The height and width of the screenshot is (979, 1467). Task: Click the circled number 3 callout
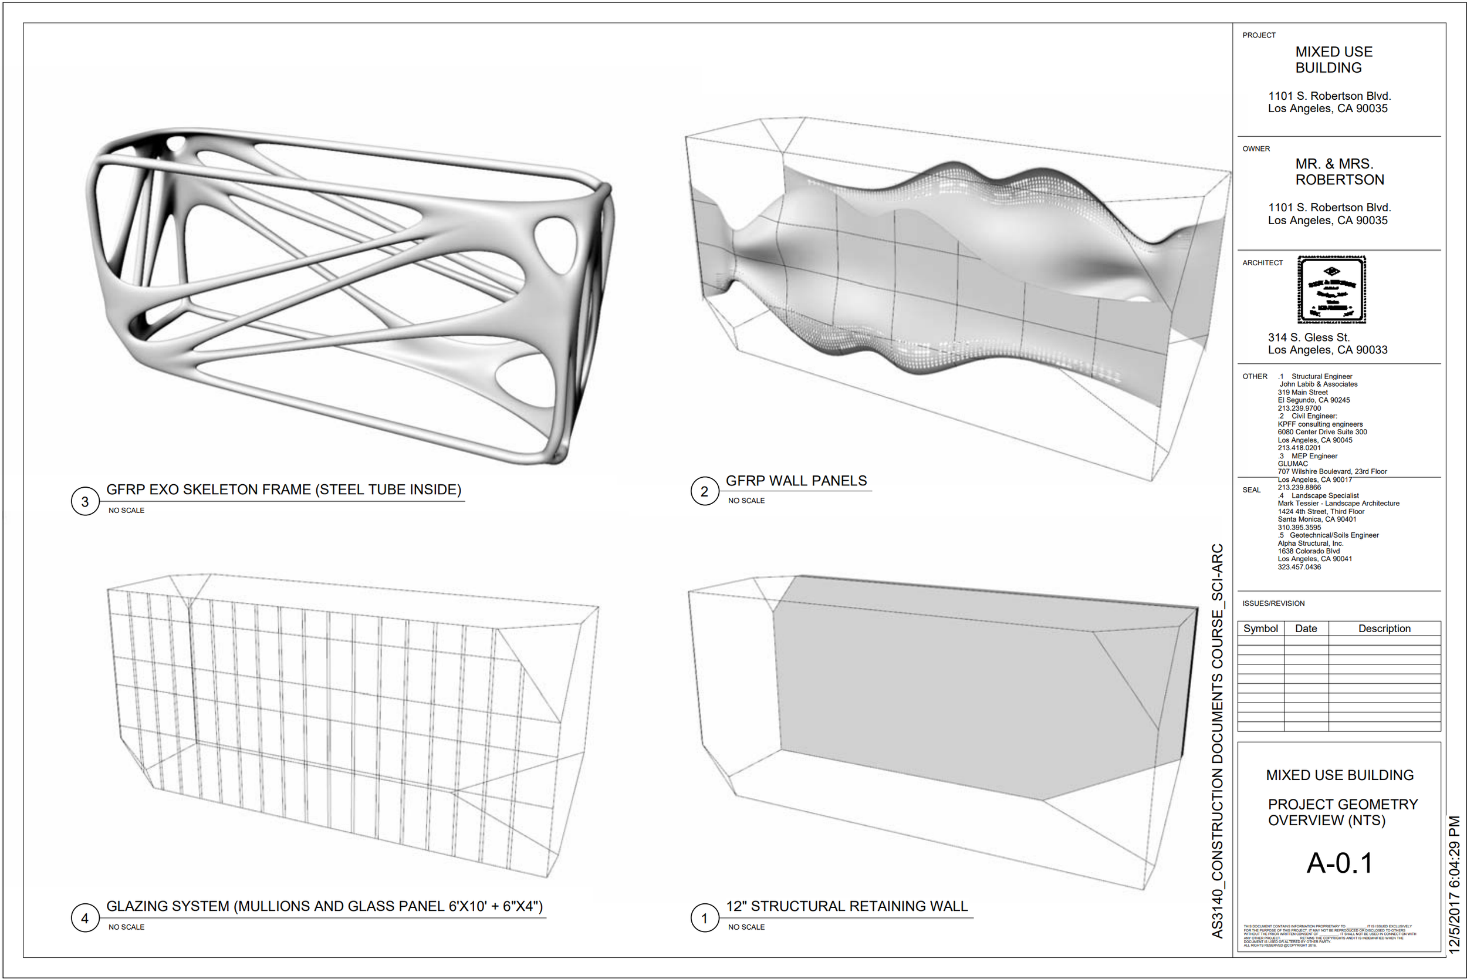(x=85, y=501)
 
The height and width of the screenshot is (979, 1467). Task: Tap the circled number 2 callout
(x=704, y=491)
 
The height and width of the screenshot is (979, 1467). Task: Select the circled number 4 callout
(x=85, y=918)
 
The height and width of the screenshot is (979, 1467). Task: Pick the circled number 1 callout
(x=704, y=918)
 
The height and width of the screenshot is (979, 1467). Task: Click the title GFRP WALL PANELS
(x=796, y=481)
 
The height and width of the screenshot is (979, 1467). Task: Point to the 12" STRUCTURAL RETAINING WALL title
(x=847, y=906)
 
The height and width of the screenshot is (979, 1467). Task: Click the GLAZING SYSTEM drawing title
(x=325, y=906)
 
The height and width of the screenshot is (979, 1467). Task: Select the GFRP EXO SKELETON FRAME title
(x=283, y=489)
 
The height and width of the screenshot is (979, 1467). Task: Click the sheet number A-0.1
(x=1340, y=863)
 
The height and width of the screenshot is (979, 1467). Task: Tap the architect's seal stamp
(x=1331, y=290)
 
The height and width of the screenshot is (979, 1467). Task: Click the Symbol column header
(x=1260, y=629)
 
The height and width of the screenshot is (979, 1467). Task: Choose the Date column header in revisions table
(x=1306, y=629)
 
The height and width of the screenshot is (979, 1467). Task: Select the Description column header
(x=1384, y=629)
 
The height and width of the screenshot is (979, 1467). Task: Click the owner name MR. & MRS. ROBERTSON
(x=1339, y=172)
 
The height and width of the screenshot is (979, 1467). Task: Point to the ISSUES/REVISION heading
(x=1273, y=603)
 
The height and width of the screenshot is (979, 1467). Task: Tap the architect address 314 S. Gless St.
(x=1309, y=337)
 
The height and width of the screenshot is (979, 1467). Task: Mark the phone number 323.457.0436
(x=1299, y=567)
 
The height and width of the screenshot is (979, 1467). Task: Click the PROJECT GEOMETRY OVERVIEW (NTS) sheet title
(x=1342, y=812)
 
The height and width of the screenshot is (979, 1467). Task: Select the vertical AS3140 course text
(x=1217, y=741)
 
